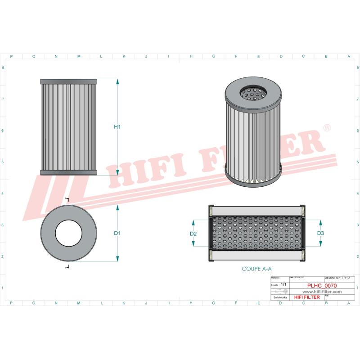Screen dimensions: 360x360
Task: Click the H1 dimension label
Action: tap(117, 127)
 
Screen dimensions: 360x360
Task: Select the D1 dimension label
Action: tap(117, 233)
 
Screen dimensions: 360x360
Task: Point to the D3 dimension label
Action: tap(320, 234)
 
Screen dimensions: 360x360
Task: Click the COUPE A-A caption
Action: tap(257, 268)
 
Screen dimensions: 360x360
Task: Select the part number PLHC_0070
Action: tap(319, 285)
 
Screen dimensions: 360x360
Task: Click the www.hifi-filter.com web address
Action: tap(319, 292)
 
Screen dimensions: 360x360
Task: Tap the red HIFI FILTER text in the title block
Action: tap(306, 297)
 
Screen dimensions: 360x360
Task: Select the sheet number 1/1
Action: tap(283, 285)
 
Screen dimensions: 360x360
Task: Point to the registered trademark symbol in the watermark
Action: tap(327, 128)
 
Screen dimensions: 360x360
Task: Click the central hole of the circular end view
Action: tap(69, 233)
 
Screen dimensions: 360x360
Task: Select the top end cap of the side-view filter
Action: tap(69, 81)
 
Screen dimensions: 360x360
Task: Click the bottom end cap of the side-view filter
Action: tap(69, 173)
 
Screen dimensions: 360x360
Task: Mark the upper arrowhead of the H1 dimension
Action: tap(117, 82)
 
